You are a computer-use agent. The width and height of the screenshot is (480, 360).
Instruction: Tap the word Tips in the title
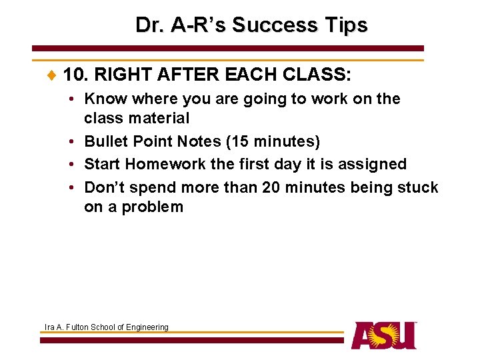(344, 25)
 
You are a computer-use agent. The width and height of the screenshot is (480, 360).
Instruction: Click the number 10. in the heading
(77, 74)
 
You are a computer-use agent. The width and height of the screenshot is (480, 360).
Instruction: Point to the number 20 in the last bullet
(271, 187)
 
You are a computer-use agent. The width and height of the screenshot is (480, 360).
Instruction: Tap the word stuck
(417, 187)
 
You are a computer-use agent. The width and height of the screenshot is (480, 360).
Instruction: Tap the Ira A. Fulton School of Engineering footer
(106, 327)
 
